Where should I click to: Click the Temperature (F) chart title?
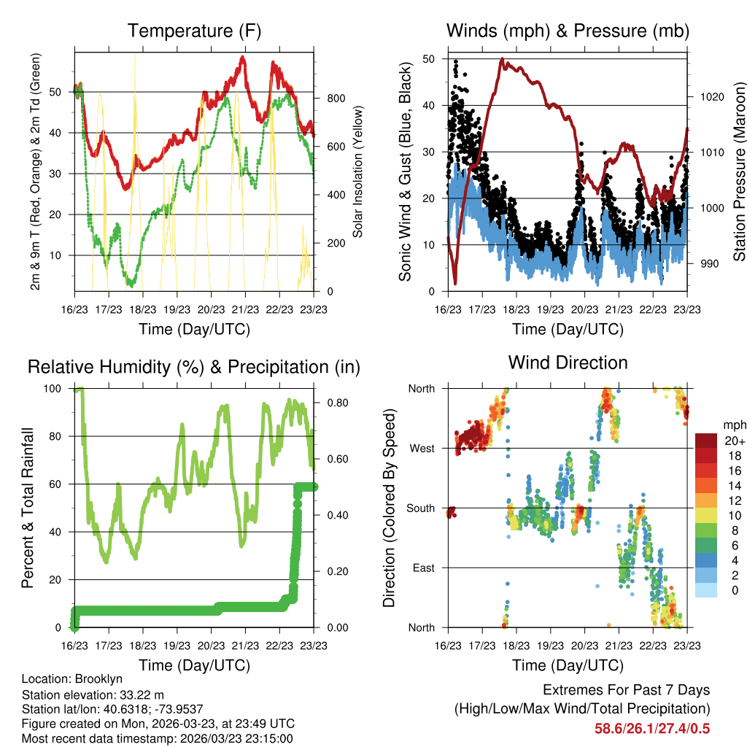click(193, 31)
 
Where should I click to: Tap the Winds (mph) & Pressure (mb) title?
click(568, 31)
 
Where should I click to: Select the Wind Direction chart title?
click(568, 362)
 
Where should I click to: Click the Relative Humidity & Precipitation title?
click(193, 367)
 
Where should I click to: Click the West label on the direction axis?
click(422, 448)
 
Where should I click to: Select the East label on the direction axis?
click(424, 568)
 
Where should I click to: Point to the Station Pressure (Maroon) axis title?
click(738, 171)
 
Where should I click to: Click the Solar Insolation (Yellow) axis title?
click(357, 171)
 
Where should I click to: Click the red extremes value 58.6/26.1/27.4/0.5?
click(653, 729)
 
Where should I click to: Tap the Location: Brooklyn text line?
click(72, 679)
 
